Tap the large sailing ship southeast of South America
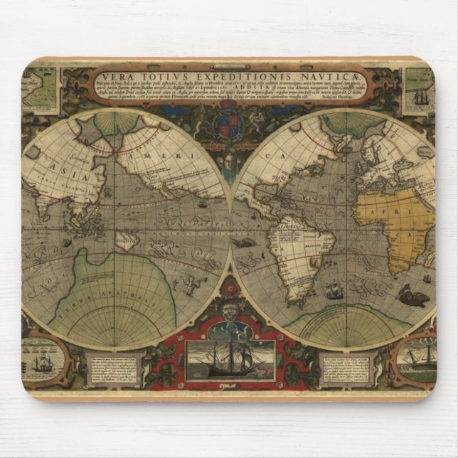(x=332, y=290)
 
